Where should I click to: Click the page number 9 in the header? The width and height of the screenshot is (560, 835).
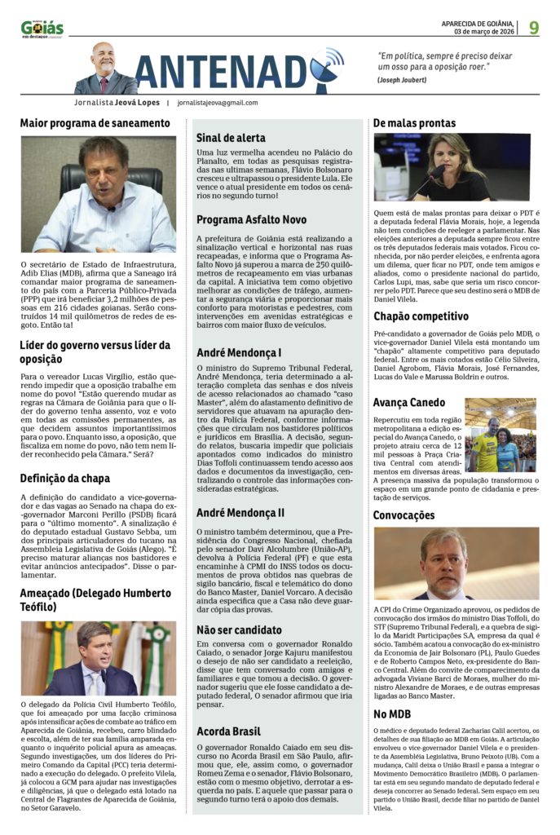533,27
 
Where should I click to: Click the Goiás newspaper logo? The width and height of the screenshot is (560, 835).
42,29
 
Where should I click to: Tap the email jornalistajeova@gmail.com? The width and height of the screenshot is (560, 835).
217,103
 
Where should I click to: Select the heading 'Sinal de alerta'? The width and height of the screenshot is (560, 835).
231,138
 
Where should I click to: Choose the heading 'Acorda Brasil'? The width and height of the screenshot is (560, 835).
228,731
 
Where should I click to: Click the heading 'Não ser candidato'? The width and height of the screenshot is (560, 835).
239,630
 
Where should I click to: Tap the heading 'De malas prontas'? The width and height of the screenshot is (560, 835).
414,123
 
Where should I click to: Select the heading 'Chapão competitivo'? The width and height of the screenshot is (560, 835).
421,316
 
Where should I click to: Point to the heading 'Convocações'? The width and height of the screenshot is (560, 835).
403,515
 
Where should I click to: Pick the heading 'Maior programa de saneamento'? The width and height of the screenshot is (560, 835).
95,123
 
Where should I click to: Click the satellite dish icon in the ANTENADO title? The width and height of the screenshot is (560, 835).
327,60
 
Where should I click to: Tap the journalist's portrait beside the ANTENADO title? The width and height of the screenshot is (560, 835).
104,69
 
